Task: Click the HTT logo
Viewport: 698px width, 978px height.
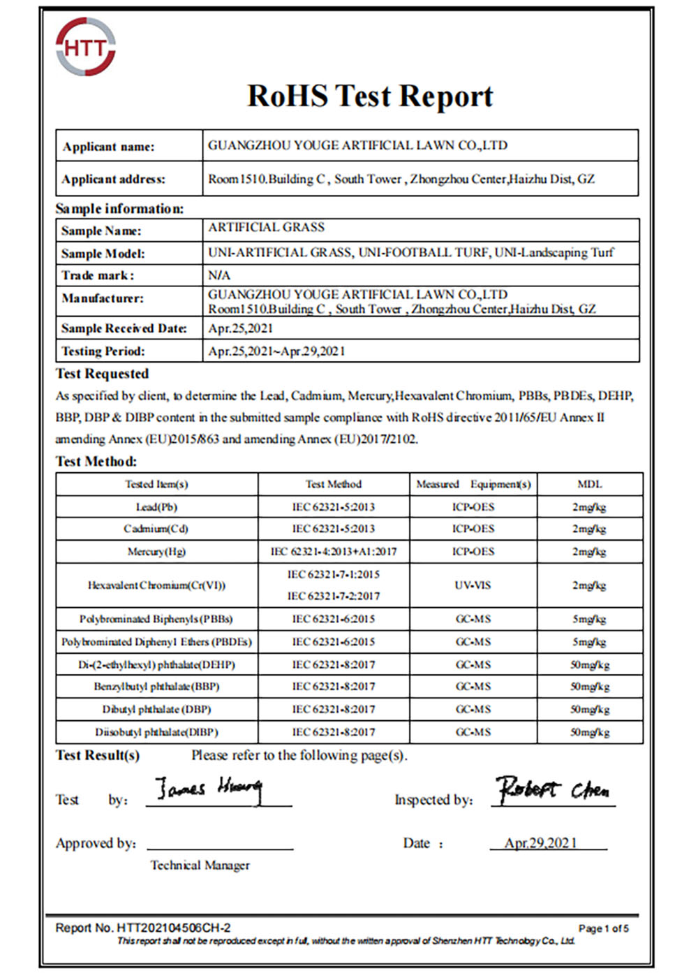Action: tap(86, 48)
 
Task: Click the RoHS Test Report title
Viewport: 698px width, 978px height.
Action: tap(370, 96)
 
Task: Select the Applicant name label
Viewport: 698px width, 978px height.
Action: tap(108, 147)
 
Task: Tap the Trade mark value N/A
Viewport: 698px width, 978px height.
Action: tap(219, 275)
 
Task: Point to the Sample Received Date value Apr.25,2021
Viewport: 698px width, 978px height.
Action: tap(241, 328)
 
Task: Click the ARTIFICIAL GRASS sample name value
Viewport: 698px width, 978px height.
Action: tap(266, 228)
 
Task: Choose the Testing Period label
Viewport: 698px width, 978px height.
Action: tap(103, 351)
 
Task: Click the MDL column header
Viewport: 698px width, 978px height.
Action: tap(589, 484)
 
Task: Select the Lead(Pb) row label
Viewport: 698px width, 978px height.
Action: tap(156, 507)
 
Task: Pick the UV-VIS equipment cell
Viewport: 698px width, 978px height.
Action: tap(473, 585)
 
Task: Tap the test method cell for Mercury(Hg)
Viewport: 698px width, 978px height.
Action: tap(333, 552)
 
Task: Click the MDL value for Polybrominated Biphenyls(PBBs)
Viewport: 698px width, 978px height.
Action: tap(589, 620)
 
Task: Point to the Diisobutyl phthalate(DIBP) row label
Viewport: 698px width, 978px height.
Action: tap(156, 733)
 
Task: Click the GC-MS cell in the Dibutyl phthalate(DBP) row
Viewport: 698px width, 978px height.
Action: tap(473, 710)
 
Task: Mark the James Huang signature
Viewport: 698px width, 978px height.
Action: tap(208, 789)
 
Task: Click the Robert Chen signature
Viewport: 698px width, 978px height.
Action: tap(552, 789)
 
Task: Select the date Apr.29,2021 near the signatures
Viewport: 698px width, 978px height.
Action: tap(541, 843)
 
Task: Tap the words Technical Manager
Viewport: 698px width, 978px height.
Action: tap(200, 866)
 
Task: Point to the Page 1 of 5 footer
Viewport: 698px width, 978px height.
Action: tap(603, 929)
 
